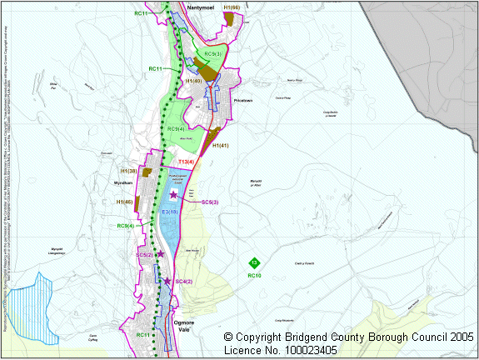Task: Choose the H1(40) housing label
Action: (195, 81)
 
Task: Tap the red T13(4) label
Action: (186, 161)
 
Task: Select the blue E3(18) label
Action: (170, 212)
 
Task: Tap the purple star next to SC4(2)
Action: (167, 281)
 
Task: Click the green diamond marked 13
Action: (254, 263)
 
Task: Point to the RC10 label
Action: (254, 276)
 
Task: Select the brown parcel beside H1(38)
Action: (147, 172)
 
